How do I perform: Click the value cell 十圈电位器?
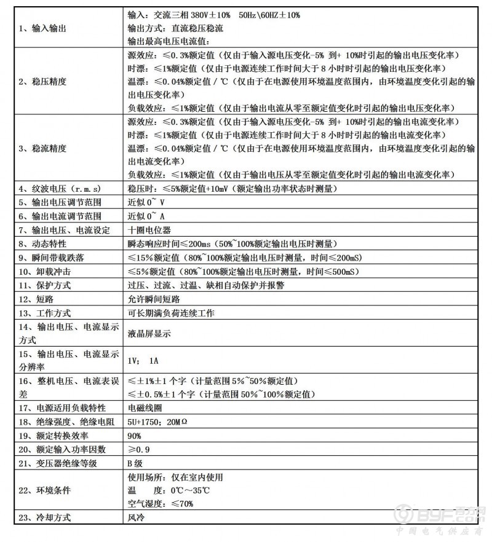[145, 230]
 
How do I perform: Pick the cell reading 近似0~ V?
[146, 203]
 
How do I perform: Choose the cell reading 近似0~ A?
[146, 216]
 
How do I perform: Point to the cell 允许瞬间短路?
[154, 299]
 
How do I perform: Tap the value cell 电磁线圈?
[145, 409]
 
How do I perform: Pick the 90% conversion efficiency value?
[135, 436]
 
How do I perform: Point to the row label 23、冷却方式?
[45, 518]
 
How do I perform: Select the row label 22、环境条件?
[45, 490]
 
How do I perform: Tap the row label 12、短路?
[35, 299]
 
